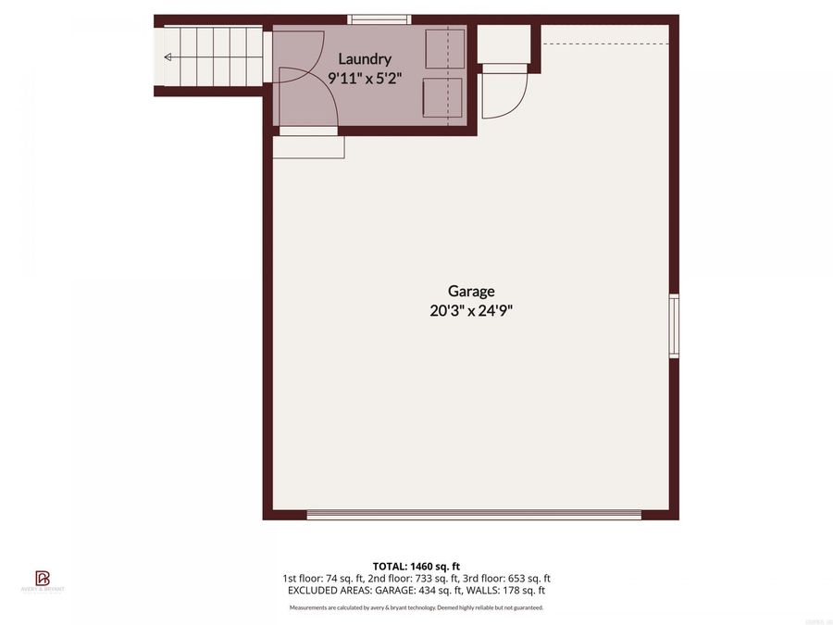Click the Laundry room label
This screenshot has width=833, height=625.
(365, 59)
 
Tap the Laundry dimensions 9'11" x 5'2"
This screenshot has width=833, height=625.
(365, 78)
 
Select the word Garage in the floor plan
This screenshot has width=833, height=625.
(471, 291)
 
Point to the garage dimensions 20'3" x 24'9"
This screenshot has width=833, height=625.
(471, 311)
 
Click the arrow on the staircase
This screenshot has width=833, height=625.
(168, 57)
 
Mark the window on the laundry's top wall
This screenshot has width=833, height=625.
(379, 19)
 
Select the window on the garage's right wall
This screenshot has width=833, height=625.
(674, 326)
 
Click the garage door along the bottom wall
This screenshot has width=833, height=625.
(473, 514)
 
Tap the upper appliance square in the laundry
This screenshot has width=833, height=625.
(444, 48)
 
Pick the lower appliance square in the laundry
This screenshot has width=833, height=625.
(442, 97)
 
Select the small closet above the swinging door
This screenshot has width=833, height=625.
(504, 44)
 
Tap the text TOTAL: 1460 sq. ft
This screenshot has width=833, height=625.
(416, 565)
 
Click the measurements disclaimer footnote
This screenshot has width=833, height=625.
(416, 607)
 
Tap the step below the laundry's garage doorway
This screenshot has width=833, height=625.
(308, 147)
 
